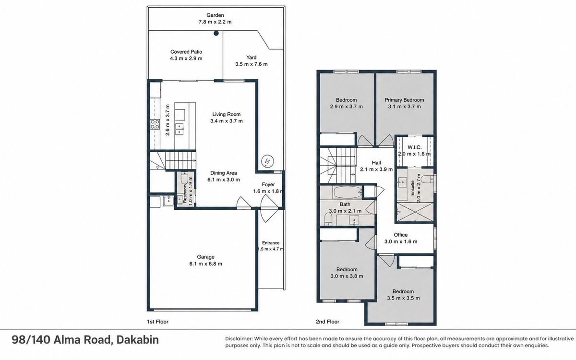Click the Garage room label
pos(206,257)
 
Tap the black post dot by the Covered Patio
pos(216,33)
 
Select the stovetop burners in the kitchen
pos(155,124)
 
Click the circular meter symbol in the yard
pos(267,161)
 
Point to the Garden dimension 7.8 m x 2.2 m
pos(215,22)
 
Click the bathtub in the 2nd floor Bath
pos(348,192)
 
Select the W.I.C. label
pos(415,147)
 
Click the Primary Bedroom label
pos(404,100)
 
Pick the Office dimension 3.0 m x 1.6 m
pos(401,241)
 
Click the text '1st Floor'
pos(157,322)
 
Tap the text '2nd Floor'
pos(327,322)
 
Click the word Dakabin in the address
pos(138,340)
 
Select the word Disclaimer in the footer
pos(239,339)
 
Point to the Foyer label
pos(268,184)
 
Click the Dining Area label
pos(224,173)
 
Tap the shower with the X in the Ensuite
pos(415,212)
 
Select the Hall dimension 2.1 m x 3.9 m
pos(376,169)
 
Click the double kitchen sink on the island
pos(179,129)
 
